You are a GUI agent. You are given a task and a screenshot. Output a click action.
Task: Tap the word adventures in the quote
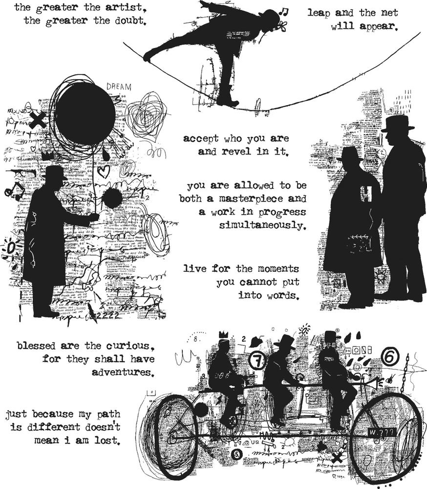pyautogui.click(x=122, y=372)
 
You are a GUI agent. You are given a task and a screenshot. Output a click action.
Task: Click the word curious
pyautogui.click(x=128, y=346)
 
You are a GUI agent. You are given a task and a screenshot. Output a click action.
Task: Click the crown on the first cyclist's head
pyautogui.click(x=223, y=334)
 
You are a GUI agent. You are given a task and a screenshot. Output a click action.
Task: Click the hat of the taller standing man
pyautogui.click(x=397, y=123)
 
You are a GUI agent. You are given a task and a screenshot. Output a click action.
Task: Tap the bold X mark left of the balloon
pyautogui.click(x=37, y=119)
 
